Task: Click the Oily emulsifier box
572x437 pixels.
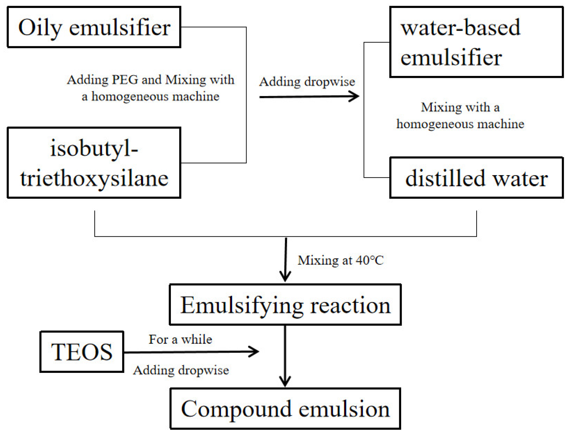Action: (94, 27)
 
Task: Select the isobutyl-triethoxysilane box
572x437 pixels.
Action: (94, 163)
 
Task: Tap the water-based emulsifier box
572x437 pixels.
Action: (476, 42)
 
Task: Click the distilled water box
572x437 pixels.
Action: (476, 178)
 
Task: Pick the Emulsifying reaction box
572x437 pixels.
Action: (285, 305)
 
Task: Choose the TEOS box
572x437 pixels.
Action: (82, 352)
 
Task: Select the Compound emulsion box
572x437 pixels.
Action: (285, 409)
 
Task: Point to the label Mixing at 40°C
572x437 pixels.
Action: (341, 260)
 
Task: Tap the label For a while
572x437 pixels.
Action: (180, 339)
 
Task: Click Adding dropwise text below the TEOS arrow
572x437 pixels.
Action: (181, 370)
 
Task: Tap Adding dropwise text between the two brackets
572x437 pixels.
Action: (307, 82)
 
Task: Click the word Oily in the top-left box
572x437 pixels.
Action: (40, 28)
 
